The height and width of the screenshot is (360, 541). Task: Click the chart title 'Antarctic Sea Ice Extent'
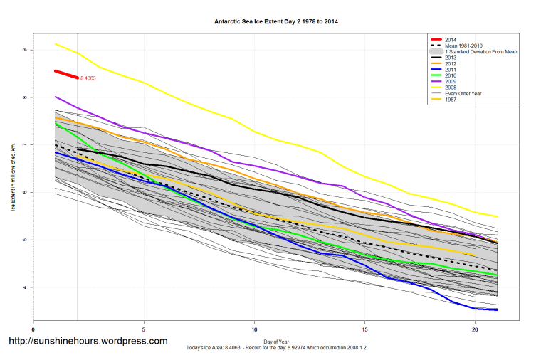pyautogui.click(x=276, y=22)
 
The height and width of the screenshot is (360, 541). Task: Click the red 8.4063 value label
pyautogui.click(x=89, y=78)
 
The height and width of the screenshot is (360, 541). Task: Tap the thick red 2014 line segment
pyautogui.click(x=66, y=74)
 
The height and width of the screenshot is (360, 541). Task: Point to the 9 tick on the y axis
pyautogui.click(x=23, y=50)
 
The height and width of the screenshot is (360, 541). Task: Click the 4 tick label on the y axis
pyautogui.click(x=23, y=287)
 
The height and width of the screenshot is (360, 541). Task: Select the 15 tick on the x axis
pyautogui.click(x=365, y=329)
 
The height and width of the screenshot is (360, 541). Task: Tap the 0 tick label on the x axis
pyautogui.click(x=33, y=329)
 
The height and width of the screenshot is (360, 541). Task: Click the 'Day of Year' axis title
pyautogui.click(x=276, y=341)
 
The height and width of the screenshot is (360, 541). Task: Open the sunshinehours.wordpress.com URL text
pyautogui.click(x=88, y=341)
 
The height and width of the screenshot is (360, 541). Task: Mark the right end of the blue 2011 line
pyautogui.click(x=497, y=310)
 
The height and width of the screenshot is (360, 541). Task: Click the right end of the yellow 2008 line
pyautogui.click(x=497, y=216)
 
